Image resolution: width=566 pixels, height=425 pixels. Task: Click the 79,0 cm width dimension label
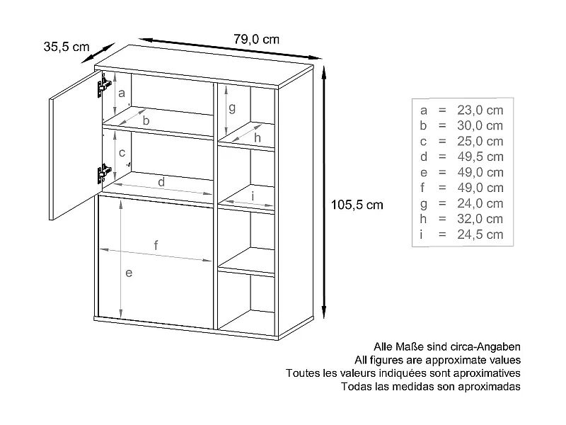[x=256, y=40]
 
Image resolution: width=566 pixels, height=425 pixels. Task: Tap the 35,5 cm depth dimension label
[x=67, y=47]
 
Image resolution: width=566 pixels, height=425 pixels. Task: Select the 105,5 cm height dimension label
[x=357, y=205]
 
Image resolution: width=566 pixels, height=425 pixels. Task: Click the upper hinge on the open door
[x=103, y=88]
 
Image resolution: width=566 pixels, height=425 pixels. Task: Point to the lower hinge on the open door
[x=104, y=172]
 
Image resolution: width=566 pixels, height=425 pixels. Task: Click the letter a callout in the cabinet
[x=121, y=93]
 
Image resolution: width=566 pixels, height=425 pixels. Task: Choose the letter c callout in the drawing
[x=122, y=152]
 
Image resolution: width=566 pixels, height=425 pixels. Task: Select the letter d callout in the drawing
[x=161, y=182]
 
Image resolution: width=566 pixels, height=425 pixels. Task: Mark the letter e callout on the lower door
[x=128, y=273]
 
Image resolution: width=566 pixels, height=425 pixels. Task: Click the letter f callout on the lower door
[x=156, y=245]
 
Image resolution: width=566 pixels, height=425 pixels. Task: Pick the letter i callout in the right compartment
[x=253, y=196]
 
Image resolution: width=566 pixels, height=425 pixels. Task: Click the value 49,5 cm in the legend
[x=480, y=157]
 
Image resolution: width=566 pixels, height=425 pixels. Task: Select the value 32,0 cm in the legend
[x=480, y=219]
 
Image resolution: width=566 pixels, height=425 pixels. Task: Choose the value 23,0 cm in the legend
[x=480, y=110]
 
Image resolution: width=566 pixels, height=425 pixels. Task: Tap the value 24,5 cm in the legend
[x=480, y=234]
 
